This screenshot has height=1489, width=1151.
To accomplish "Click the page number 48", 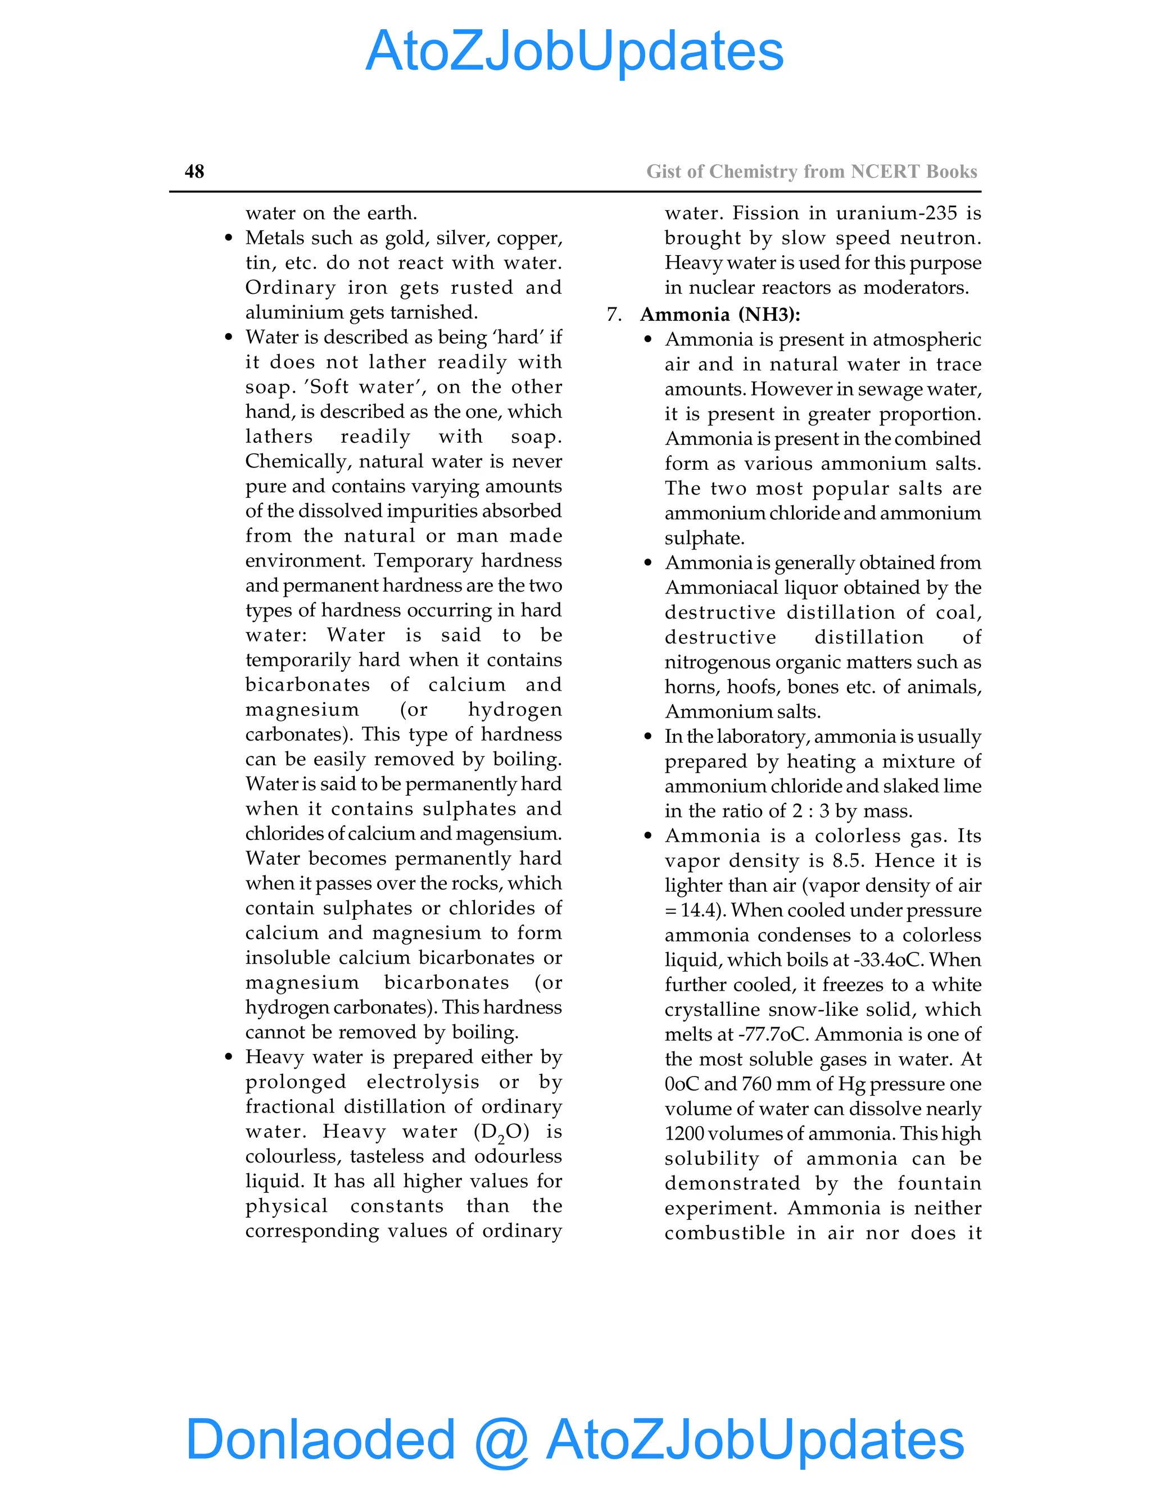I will point(194,171).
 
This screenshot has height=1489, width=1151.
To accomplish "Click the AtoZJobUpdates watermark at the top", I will point(574,51).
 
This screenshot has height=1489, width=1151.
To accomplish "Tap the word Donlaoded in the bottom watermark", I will point(320,1438).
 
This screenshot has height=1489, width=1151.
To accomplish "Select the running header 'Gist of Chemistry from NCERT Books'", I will point(812,171).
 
